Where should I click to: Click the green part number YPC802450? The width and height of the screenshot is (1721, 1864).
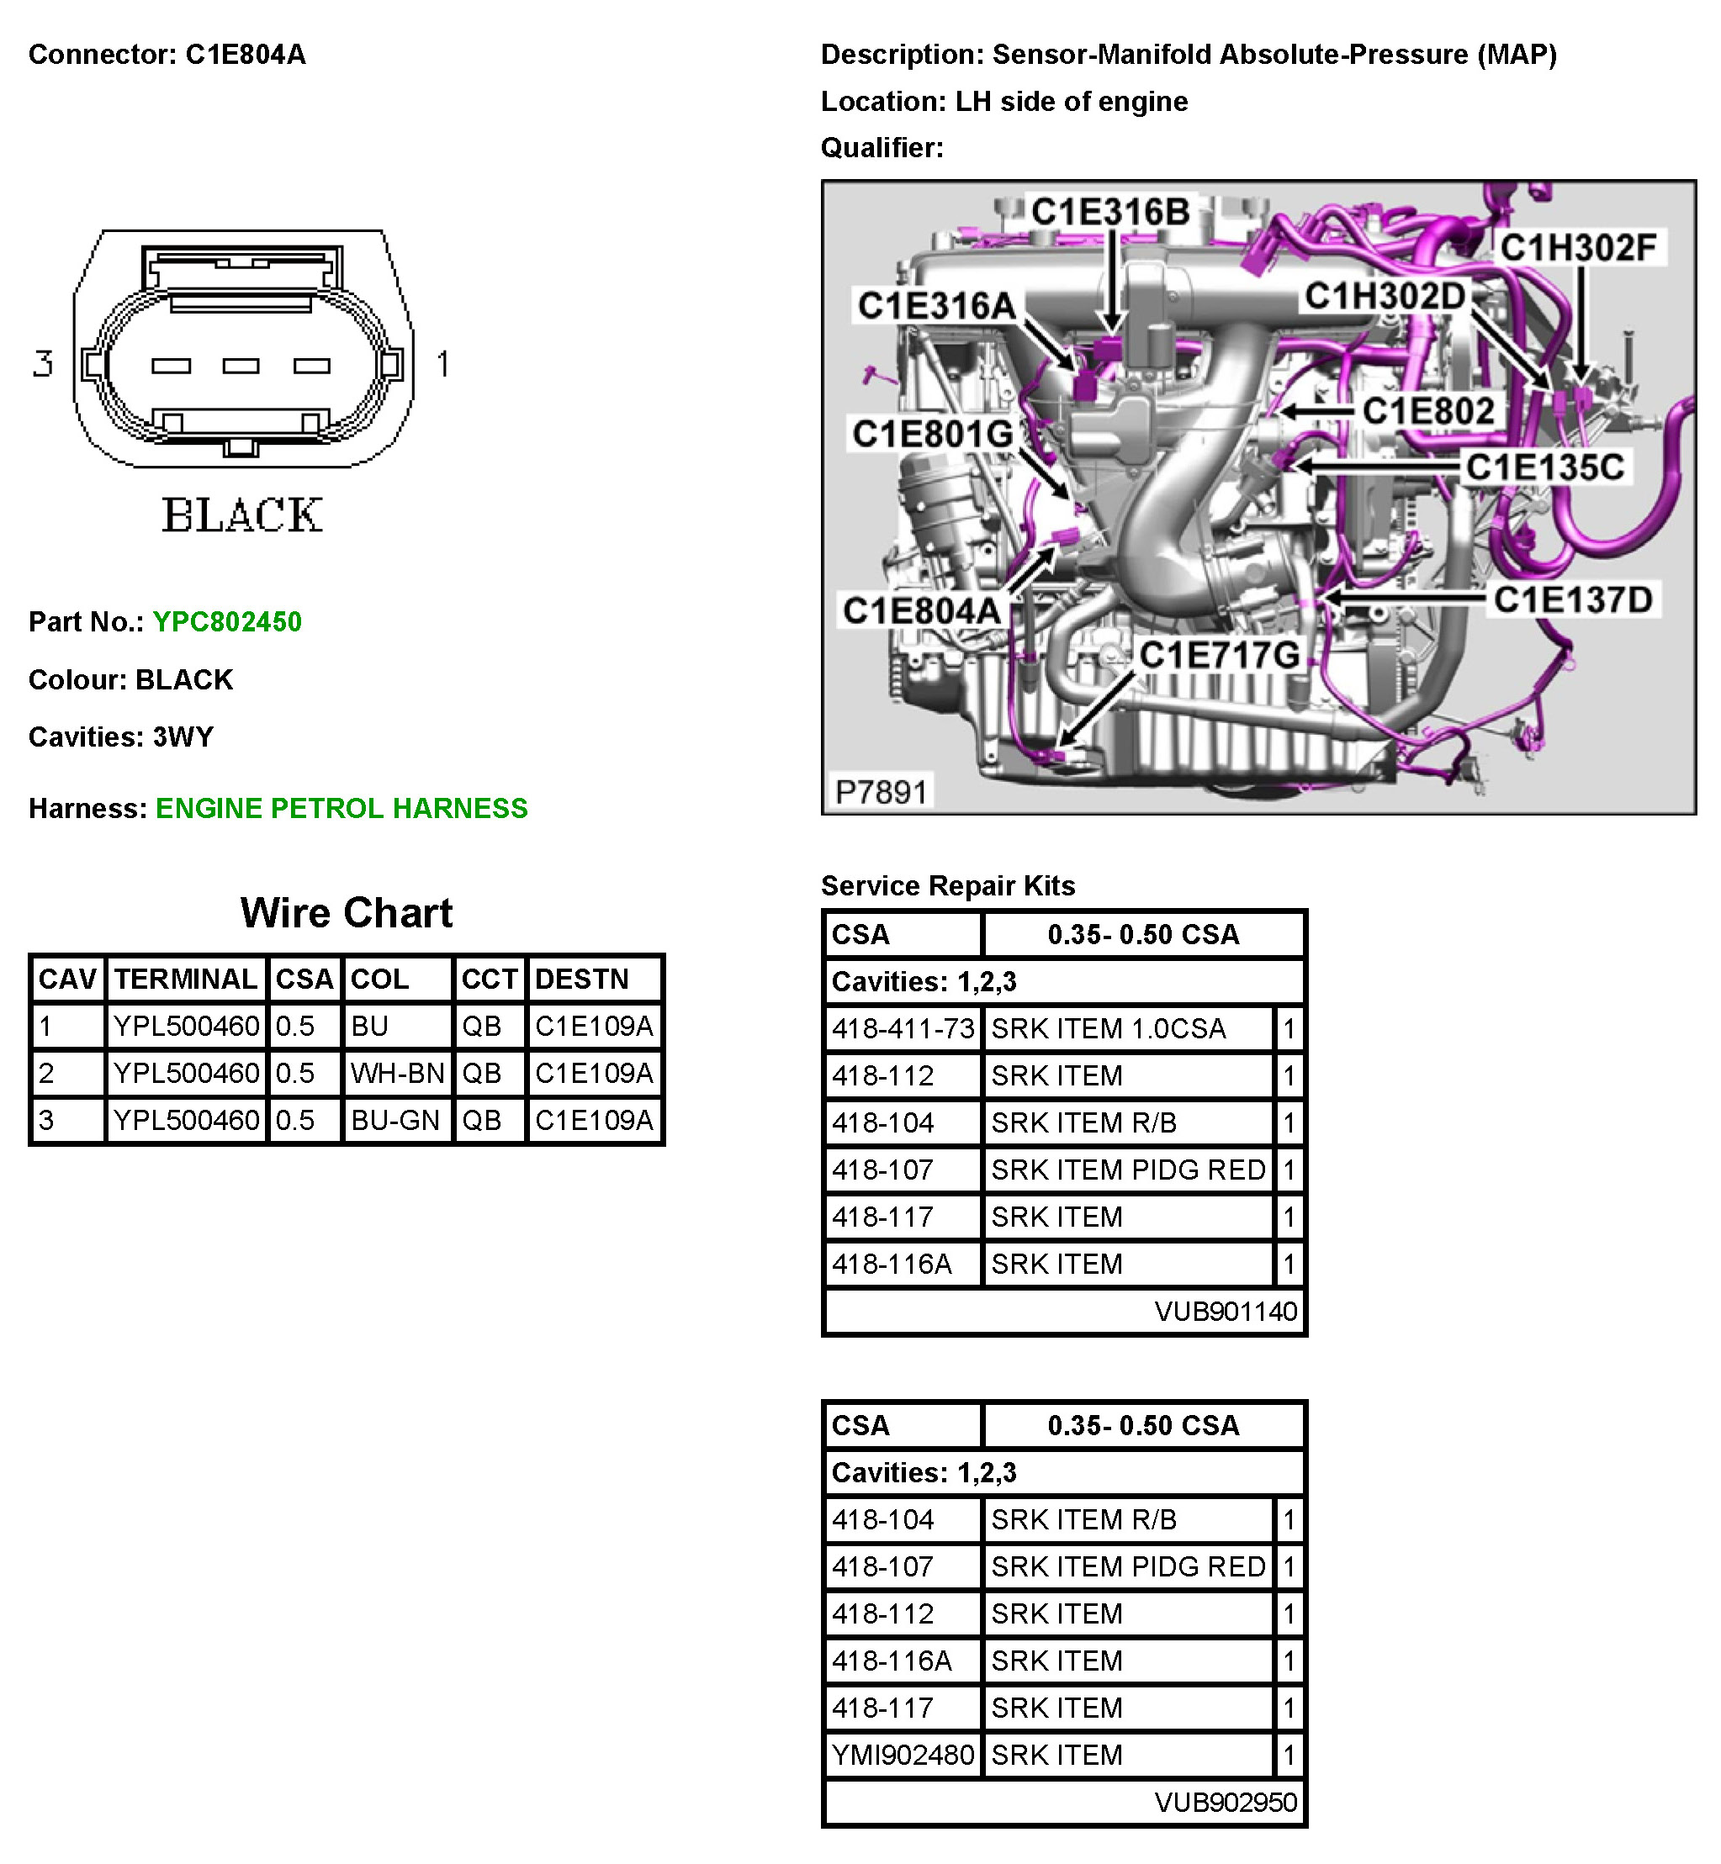point(226,622)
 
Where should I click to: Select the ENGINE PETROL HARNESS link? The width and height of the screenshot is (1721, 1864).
point(341,808)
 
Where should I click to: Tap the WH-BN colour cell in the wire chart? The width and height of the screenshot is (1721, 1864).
point(397,1074)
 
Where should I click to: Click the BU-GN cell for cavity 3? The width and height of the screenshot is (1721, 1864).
point(395,1120)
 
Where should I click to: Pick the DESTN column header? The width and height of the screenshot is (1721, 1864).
point(582,980)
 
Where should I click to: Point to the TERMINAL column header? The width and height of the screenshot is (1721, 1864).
point(185,980)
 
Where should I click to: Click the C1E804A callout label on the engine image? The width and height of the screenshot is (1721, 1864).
point(921,610)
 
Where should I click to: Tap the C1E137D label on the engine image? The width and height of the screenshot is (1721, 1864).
point(1572,600)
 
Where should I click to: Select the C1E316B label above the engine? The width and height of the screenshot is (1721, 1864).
point(1110,212)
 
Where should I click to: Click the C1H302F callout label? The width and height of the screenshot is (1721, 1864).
point(1578,248)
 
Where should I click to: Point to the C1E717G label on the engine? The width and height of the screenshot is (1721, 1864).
point(1219,656)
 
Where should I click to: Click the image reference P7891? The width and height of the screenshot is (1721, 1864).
point(881,792)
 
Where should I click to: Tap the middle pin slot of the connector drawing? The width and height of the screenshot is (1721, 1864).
point(241,366)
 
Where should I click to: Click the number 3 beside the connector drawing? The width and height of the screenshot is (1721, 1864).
point(43,363)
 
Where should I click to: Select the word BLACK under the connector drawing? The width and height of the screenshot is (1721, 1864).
point(242,515)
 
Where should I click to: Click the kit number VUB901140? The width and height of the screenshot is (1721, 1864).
point(1225,1312)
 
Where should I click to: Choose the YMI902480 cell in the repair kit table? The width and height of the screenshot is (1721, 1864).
point(903,1755)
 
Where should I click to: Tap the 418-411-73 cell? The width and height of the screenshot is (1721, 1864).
point(903,1029)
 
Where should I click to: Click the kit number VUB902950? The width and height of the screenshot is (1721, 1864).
point(1225,1803)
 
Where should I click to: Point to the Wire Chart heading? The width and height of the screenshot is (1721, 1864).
point(347,913)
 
